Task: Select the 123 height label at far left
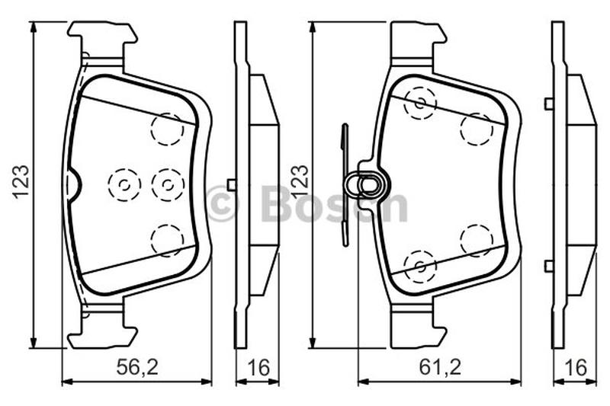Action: pyautogui.click(x=21, y=182)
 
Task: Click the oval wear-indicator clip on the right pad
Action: pyautogui.click(x=368, y=184)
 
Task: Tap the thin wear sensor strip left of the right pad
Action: pyautogui.click(x=345, y=185)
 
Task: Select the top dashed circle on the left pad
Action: pyautogui.click(x=167, y=129)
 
